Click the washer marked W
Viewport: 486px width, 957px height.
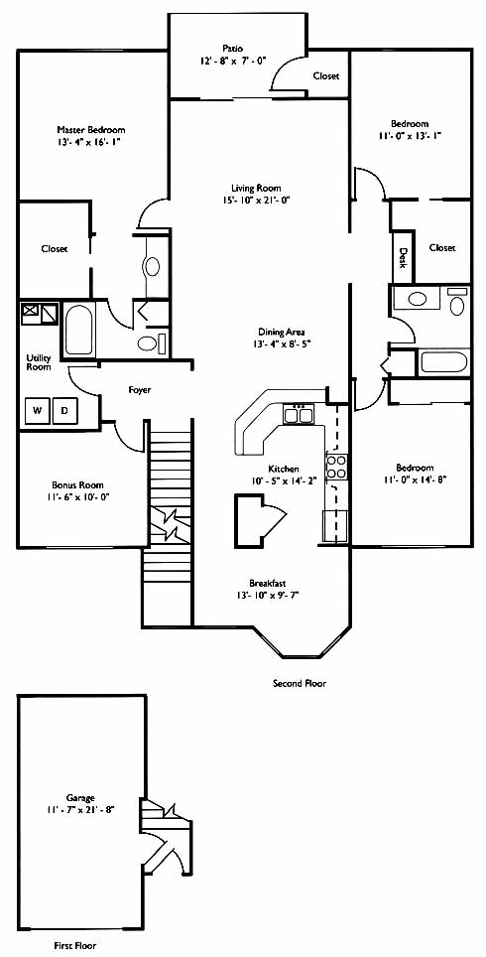pyautogui.click(x=38, y=410)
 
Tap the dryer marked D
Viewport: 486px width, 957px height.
pyautogui.click(x=64, y=410)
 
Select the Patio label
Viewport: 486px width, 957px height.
pyautogui.click(x=233, y=48)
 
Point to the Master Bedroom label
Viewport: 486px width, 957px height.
pyautogui.click(x=91, y=129)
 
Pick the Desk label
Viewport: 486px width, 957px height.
pyautogui.click(x=403, y=256)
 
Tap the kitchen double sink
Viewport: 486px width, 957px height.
pyautogui.click(x=299, y=415)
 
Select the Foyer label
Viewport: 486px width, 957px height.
pyautogui.click(x=140, y=389)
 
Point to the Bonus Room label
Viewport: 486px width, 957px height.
pyautogui.click(x=77, y=484)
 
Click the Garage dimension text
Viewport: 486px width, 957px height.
pyautogui.click(x=81, y=809)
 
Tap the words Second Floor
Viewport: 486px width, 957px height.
pyautogui.click(x=299, y=684)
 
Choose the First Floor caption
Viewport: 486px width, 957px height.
pyautogui.click(x=74, y=945)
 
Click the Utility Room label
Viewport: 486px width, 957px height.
pyautogui.click(x=39, y=362)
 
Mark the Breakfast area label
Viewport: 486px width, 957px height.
pyautogui.click(x=267, y=583)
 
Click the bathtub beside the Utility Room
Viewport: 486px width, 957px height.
pyautogui.click(x=78, y=331)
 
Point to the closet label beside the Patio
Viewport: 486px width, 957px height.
pyautogui.click(x=326, y=76)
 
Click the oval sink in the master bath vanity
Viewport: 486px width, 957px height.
pyautogui.click(x=151, y=267)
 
